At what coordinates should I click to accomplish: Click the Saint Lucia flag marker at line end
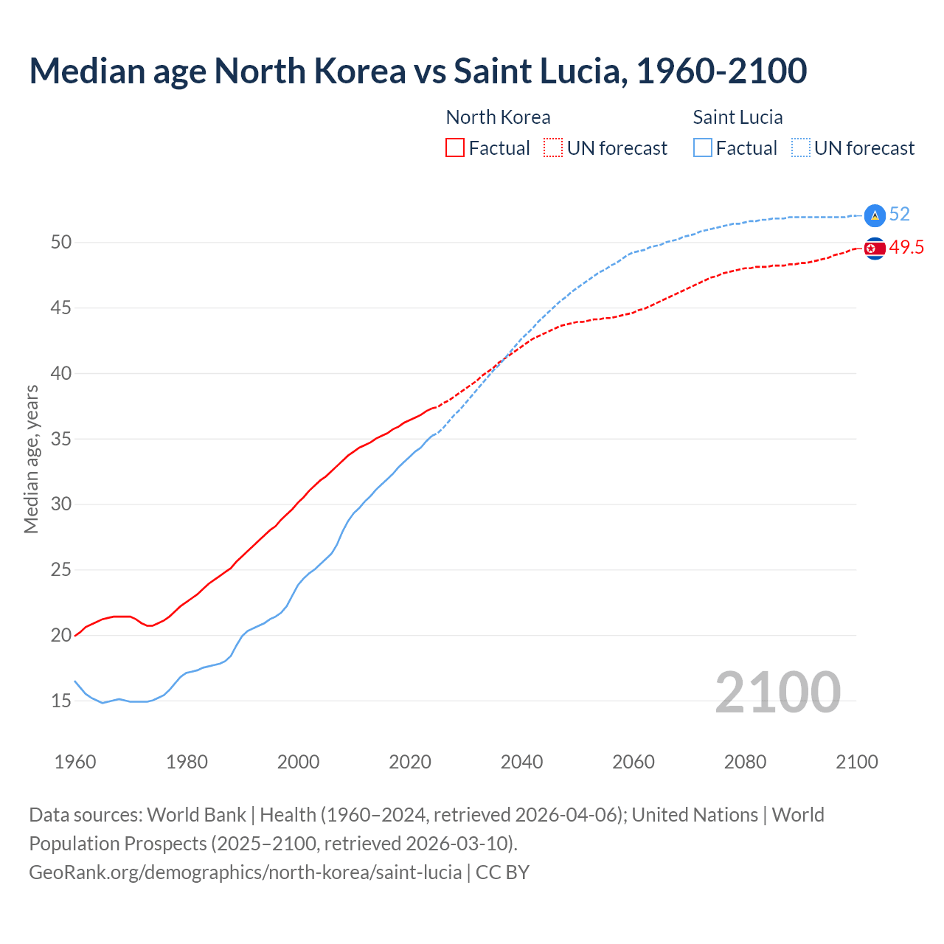874,215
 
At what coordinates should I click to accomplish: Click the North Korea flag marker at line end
874,249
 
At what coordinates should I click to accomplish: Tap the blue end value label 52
899,215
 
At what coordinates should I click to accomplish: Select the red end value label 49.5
906,248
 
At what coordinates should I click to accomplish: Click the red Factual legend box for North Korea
455,148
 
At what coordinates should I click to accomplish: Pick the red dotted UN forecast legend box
553,148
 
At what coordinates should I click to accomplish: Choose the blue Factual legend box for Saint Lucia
703,148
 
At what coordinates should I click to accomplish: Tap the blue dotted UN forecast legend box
800,148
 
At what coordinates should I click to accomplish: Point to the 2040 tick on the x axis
521,762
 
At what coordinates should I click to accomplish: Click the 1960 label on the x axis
75,762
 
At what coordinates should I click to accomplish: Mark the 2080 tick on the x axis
745,762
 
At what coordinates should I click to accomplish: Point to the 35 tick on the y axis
60,439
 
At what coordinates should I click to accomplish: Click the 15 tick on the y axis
60,701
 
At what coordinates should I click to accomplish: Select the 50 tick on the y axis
60,243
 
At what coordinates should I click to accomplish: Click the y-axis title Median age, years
31,459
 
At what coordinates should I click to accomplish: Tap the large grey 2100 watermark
777,692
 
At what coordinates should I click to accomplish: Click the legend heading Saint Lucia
737,117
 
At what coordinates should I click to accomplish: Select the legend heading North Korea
498,117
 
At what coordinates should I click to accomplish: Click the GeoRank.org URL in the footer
246,872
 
